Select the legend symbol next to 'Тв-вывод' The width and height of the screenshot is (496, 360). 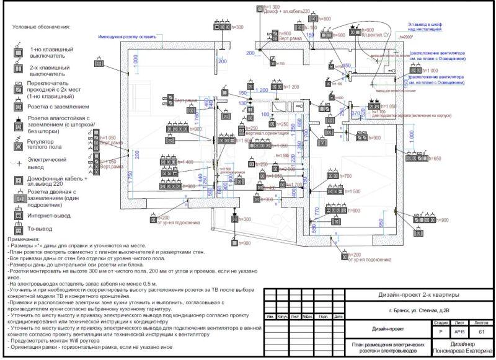[19, 229]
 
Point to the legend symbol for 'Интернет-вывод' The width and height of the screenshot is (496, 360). [19, 215]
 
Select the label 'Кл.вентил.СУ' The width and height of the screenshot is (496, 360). [375, 35]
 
